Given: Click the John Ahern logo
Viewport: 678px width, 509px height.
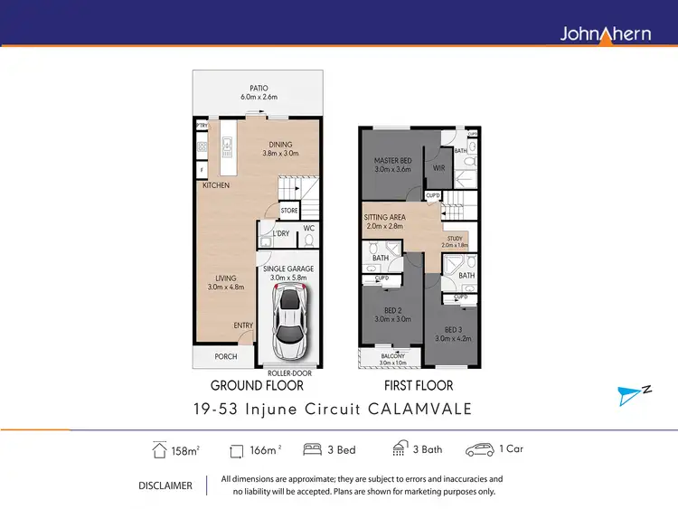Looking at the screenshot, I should click(606, 33).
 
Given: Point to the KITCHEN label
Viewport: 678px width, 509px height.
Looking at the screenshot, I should click(216, 185).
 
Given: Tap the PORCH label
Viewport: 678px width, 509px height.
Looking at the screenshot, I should click(225, 356).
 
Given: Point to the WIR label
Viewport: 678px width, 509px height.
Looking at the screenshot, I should click(438, 168).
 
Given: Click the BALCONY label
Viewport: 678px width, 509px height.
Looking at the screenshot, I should click(392, 358).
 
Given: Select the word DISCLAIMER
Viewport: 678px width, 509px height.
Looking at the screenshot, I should click(165, 485).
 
